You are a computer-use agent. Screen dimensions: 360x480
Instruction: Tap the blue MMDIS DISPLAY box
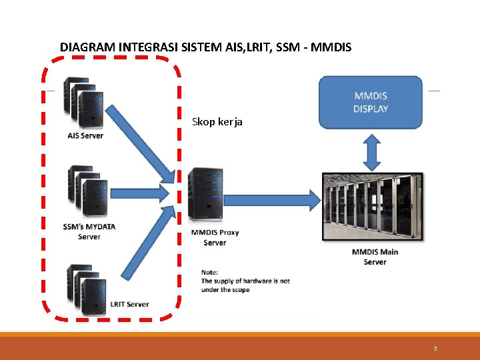click(x=371, y=102)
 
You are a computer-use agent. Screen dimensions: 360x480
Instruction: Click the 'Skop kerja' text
click(x=217, y=122)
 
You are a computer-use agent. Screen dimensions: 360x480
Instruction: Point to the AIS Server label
click(x=85, y=136)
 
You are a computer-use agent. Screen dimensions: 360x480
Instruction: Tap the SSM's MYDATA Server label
click(x=89, y=231)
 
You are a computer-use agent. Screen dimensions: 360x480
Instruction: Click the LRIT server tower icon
click(x=88, y=289)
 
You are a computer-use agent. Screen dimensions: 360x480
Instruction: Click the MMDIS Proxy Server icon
click(x=205, y=194)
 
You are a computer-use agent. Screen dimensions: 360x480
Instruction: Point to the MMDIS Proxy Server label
click(x=215, y=237)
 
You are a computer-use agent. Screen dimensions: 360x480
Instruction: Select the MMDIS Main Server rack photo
click(x=372, y=207)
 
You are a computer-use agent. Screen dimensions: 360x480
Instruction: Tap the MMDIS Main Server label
click(x=375, y=257)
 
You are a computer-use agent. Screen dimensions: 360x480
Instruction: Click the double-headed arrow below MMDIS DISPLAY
click(x=372, y=152)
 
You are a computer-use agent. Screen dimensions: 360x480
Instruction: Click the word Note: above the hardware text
click(x=210, y=272)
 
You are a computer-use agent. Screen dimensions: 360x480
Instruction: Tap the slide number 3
click(x=435, y=349)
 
